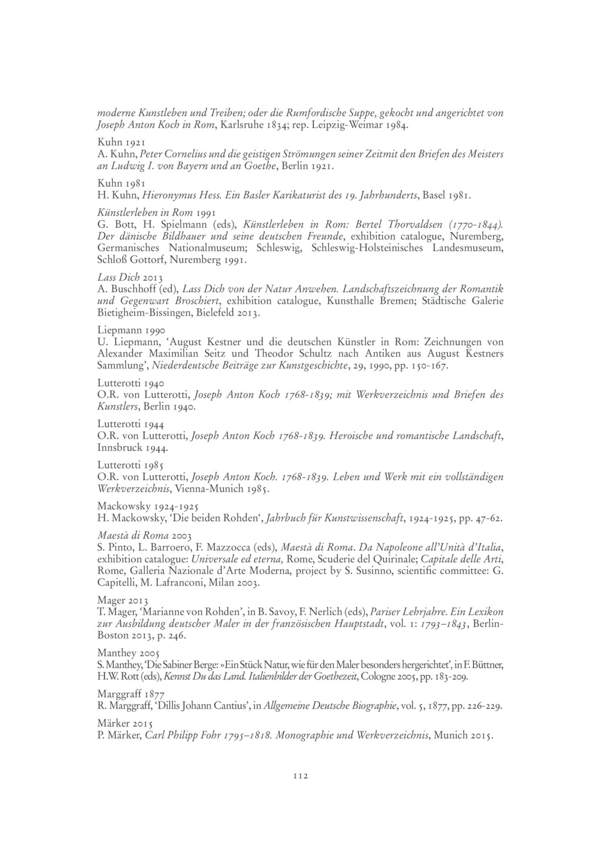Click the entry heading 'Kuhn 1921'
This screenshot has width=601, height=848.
tap(121, 142)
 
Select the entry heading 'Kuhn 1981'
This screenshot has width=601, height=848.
tap(121, 183)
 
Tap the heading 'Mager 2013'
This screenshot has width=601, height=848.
tap(123, 600)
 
